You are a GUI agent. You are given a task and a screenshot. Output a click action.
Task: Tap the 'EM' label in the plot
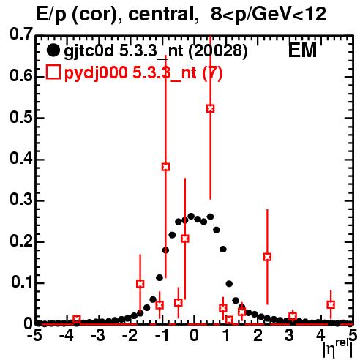point(302,50)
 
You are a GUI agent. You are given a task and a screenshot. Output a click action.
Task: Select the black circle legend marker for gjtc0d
point(53,50)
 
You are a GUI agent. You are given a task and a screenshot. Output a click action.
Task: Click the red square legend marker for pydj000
point(53,72)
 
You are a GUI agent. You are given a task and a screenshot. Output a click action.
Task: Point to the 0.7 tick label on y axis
point(21,34)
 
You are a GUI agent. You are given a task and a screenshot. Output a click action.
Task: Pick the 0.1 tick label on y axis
point(22,282)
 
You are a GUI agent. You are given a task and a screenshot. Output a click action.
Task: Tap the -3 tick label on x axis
point(98,336)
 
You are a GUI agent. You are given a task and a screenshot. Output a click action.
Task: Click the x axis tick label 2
point(258,336)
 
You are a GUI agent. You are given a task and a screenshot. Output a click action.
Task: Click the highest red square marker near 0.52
point(211,108)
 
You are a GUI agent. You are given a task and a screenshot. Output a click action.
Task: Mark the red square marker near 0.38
point(165,167)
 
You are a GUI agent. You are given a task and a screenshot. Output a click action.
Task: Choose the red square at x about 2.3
point(267,257)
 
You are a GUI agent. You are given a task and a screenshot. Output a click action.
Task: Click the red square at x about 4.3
point(331,304)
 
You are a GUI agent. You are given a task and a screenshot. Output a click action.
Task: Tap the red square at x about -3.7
point(77,319)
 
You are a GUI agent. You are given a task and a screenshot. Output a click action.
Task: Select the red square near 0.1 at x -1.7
point(140,284)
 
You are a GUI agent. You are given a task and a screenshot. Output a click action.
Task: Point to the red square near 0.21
point(185,239)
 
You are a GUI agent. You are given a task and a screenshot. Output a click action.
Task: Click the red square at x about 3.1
point(293,316)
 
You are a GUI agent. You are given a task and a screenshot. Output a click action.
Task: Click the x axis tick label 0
point(194,336)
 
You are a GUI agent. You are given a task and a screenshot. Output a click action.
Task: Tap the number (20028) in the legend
point(218,51)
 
